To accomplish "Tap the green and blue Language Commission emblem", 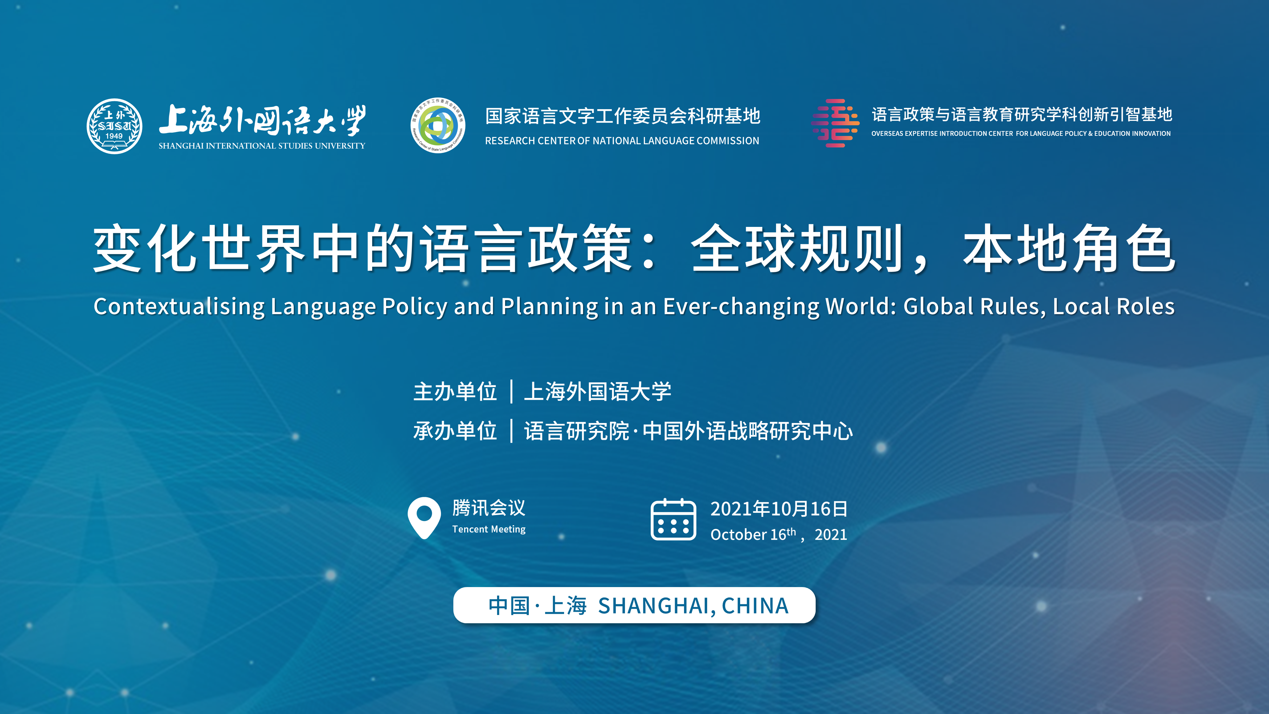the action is pos(438,125).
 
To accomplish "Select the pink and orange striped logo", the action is pos(836,123).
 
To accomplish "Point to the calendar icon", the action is pos(674,519).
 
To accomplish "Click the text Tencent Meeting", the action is pos(489,529).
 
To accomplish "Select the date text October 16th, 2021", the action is pos(778,534).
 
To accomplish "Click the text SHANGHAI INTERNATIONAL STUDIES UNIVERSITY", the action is pos(262,146).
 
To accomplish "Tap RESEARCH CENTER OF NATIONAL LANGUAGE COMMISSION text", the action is pos(622,141).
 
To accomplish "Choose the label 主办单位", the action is pos(455,392).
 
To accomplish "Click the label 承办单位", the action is pos(455,431).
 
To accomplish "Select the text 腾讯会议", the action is pos(489,508).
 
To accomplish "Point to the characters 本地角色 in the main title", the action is pos(1069,248).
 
